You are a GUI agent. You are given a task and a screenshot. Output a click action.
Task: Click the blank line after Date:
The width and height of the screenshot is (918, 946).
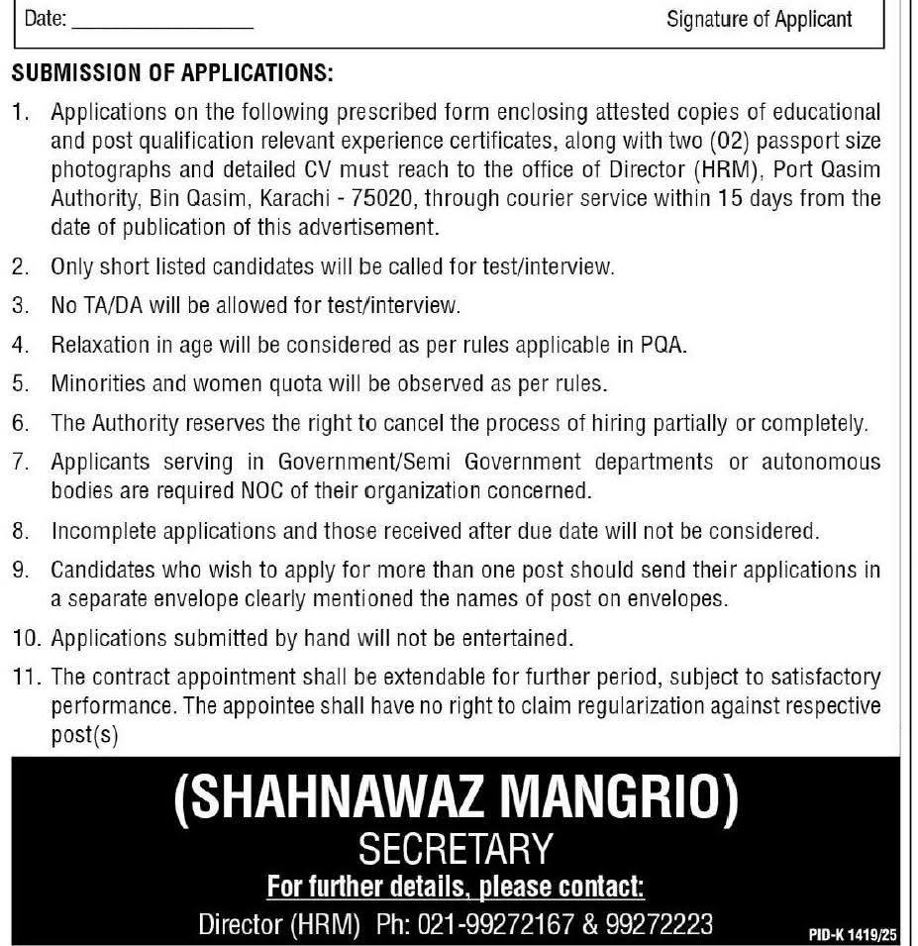[163, 21]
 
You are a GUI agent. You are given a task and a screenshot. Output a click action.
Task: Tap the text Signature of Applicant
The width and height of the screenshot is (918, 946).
[760, 19]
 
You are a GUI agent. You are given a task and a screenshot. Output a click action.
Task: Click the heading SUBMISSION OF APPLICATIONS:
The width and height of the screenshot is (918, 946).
[171, 74]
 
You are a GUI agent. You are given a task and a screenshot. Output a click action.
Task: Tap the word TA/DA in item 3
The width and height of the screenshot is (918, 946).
[113, 305]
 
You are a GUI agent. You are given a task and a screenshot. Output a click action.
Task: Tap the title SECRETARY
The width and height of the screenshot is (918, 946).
[456, 849]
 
